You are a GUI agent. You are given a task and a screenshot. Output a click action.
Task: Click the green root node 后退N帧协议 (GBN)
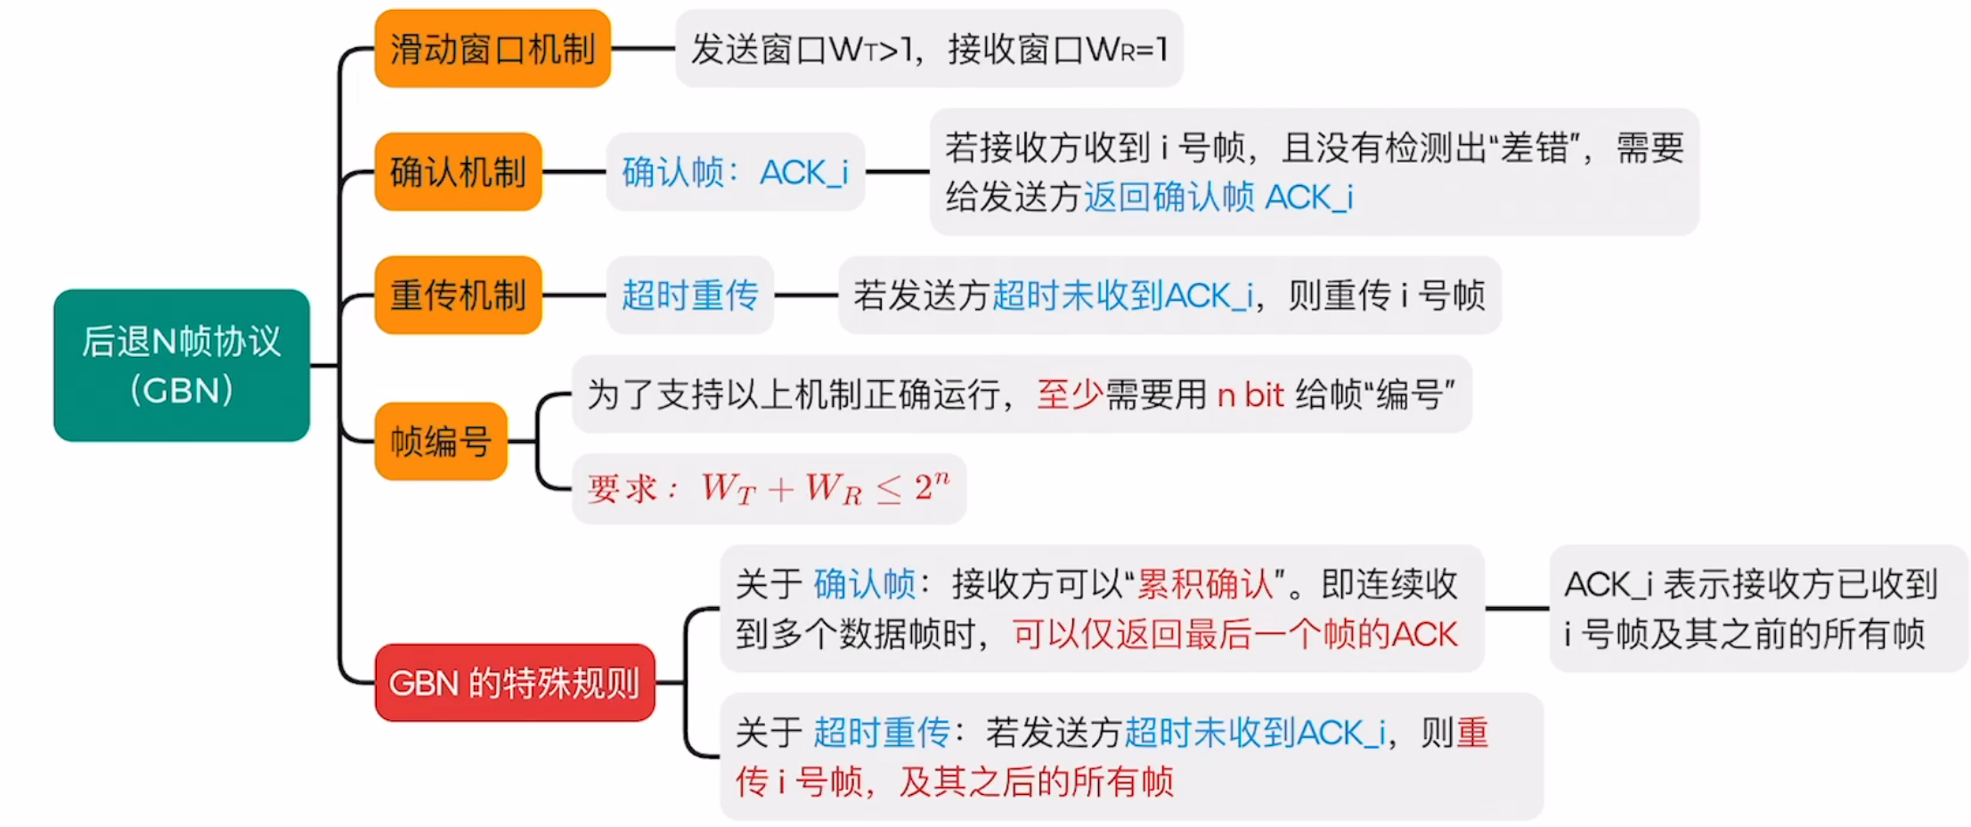(182, 365)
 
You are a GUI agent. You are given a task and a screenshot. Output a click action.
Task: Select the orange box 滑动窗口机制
(493, 49)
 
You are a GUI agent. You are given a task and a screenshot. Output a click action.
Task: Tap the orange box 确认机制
(458, 172)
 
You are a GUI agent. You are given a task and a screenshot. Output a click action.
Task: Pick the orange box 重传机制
(458, 295)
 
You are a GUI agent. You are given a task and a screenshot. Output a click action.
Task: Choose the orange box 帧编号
(441, 441)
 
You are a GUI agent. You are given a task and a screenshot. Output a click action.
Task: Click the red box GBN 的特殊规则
(514, 683)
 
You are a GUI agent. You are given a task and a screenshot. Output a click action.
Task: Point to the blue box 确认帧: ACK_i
(735, 172)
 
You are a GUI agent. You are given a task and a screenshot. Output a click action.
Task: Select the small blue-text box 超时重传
(689, 295)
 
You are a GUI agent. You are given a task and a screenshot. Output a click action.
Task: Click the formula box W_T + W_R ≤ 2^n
(769, 489)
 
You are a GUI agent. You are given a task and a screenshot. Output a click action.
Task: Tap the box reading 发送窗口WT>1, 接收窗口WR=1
(929, 49)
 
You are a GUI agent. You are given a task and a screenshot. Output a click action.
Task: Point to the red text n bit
(1250, 394)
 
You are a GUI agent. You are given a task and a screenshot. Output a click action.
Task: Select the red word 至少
(1069, 394)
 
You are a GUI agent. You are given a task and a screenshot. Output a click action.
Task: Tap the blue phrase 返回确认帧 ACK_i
(1218, 197)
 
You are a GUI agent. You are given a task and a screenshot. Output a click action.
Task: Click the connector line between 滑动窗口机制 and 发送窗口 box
(642, 49)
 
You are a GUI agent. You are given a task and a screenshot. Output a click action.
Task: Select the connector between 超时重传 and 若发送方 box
(806, 295)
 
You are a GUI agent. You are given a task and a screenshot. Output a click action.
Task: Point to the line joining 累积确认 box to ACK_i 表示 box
(1517, 609)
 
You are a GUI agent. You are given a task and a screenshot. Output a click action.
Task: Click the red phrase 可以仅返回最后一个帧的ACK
(1234, 634)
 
